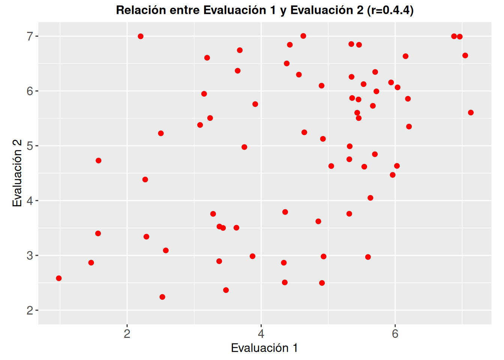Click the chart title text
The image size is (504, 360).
click(x=265, y=10)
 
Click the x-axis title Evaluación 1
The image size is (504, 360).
click(x=264, y=348)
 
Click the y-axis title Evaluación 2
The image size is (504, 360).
click(x=17, y=173)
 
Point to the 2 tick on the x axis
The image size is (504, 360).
click(x=127, y=334)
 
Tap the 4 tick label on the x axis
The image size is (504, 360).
click(x=261, y=334)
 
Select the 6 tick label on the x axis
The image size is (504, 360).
click(x=395, y=334)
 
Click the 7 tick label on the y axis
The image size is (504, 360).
click(x=30, y=36)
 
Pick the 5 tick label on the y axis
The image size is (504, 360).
click(x=30, y=146)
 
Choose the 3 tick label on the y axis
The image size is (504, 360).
click(x=30, y=256)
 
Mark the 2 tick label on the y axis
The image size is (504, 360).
click(x=30, y=310)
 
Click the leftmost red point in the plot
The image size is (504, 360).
click(x=59, y=278)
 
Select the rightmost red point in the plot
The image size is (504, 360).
click(x=471, y=112)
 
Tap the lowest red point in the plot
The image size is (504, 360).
click(x=162, y=297)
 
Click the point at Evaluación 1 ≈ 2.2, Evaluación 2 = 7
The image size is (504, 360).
click(x=141, y=36)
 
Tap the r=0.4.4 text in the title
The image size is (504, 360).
click(x=390, y=10)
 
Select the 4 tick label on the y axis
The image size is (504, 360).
click(x=30, y=201)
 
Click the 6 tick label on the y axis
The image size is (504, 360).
click(x=30, y=91)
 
